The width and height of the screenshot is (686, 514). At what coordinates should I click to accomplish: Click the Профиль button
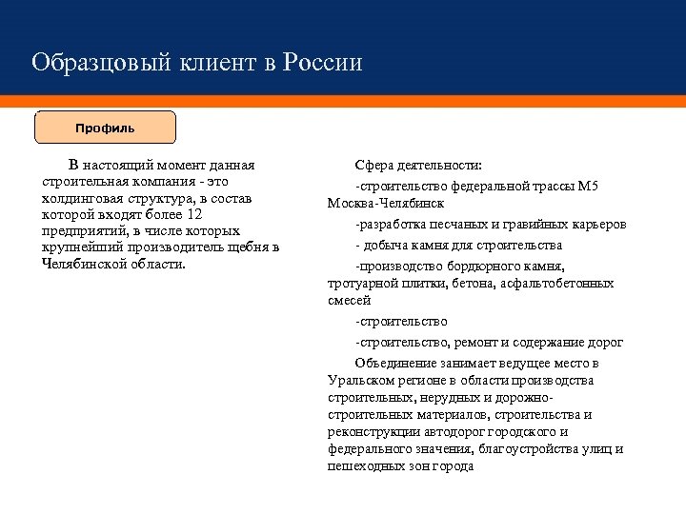[x=105, y=127]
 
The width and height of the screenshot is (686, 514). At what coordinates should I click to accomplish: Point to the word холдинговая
[x=83, y=197]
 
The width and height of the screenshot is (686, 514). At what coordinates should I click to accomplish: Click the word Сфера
[x=374, y=165]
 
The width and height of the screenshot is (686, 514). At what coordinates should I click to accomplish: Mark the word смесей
[x=349, y=300]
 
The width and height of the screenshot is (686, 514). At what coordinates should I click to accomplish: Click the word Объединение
[x=398, y=363]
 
